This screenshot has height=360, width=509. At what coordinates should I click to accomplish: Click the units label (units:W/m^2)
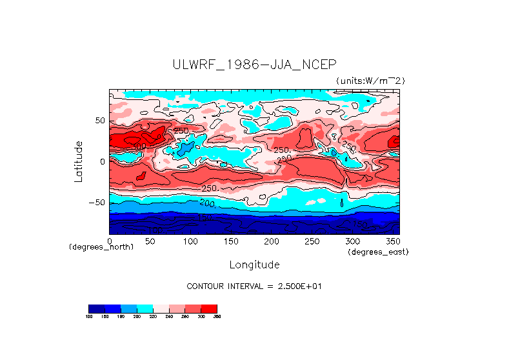(370, 81)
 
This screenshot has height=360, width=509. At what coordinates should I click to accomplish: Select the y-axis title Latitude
(78, 161)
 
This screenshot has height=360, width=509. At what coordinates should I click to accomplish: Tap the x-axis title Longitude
(254, 265)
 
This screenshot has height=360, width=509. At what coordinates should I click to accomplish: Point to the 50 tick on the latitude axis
(99, 121)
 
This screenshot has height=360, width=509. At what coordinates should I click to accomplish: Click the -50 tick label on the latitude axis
(97, 203)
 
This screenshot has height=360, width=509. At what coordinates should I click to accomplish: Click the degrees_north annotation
(101, 248)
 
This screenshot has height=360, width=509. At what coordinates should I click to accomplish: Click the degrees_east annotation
(378, 252)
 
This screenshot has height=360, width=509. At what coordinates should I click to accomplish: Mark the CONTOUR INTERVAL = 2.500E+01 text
(254, 286)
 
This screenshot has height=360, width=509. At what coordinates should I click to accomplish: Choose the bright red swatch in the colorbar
(209, 308)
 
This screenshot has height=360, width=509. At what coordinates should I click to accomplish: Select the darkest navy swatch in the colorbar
(96, 308)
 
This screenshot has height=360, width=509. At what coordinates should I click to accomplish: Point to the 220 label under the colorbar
(153, 316)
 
